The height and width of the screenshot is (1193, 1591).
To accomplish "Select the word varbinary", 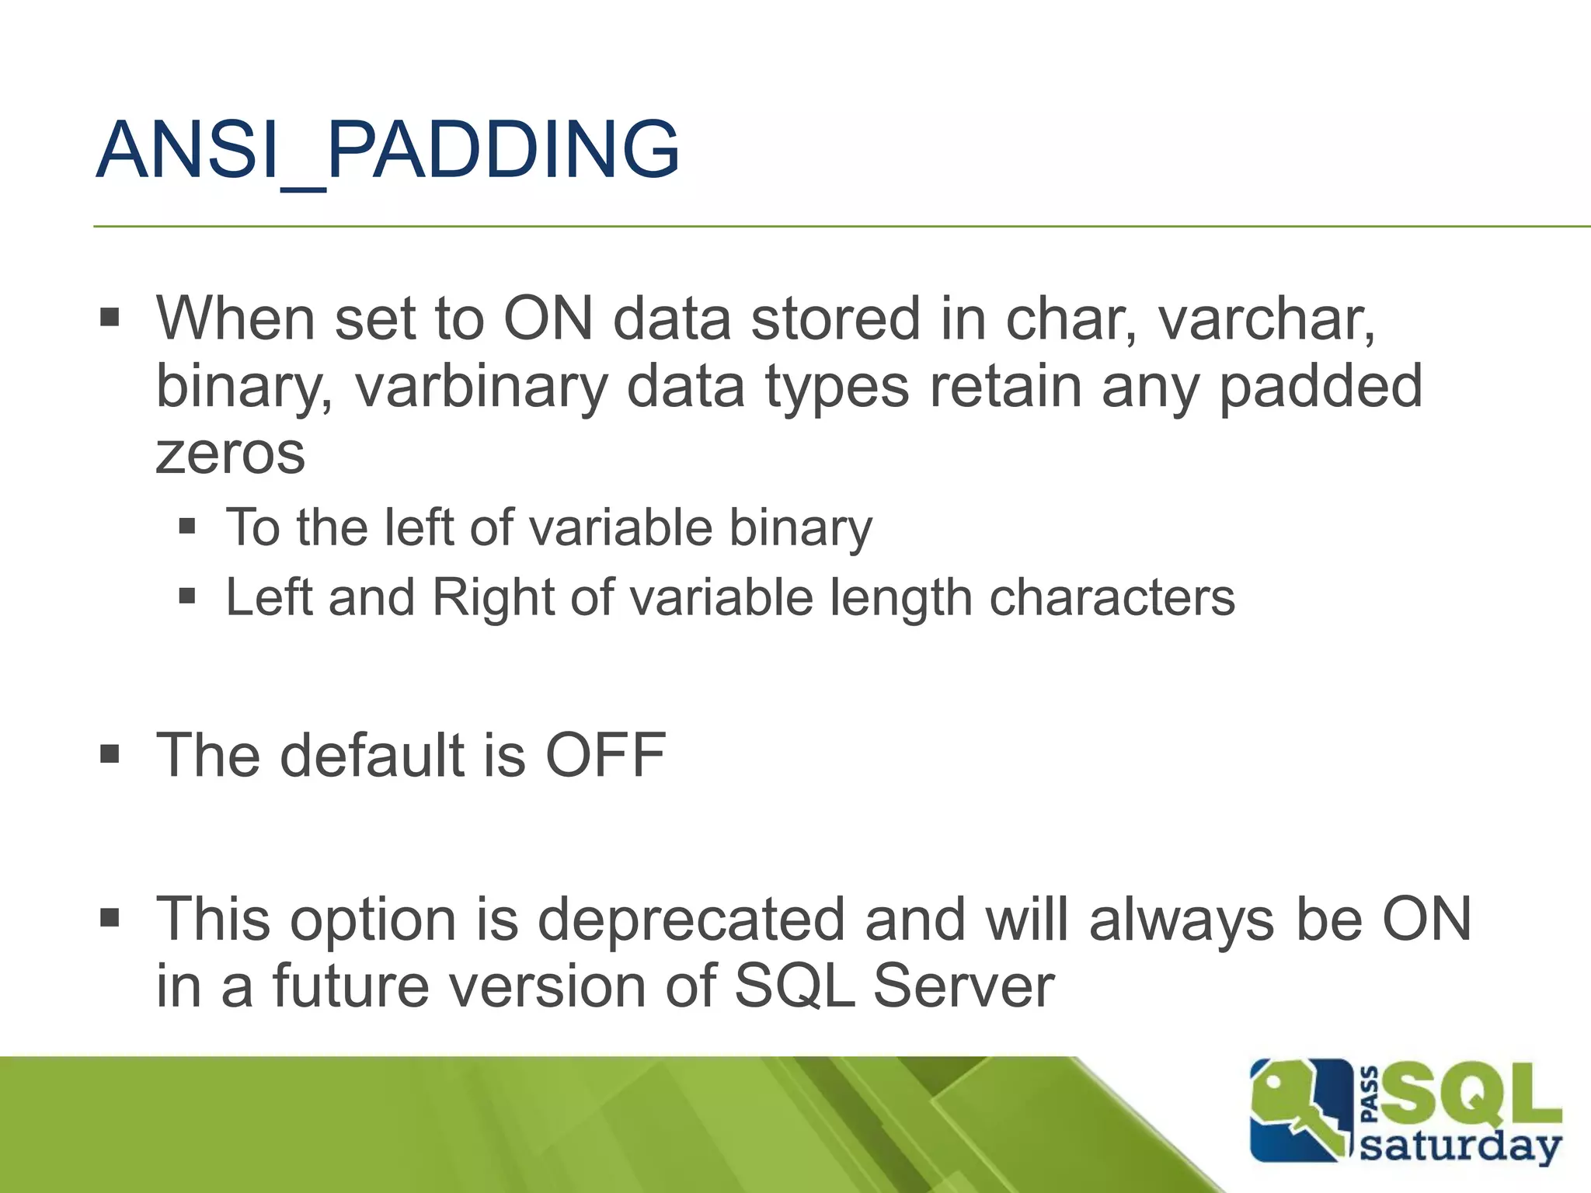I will (481, 387).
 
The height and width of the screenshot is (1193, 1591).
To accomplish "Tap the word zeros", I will (230, 454).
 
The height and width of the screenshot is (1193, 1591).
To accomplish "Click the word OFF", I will (605, 755).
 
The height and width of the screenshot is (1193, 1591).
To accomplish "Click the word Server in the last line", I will (963, 986).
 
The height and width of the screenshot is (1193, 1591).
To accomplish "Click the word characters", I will (1112, 597).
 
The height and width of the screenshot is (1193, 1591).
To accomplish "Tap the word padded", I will (1320, 387).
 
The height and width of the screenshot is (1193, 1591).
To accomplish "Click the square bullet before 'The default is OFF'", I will (110, 753).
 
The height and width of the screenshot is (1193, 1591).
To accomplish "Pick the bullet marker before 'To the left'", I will (186, 527).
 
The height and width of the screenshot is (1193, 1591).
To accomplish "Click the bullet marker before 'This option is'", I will (110, 918).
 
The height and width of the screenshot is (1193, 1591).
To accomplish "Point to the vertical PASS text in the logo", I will (1371, 1094).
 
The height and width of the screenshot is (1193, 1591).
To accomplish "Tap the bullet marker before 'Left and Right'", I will (186, 596).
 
